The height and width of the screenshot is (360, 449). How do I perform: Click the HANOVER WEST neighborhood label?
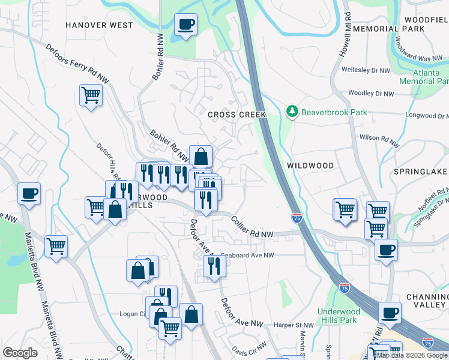pos(99,25)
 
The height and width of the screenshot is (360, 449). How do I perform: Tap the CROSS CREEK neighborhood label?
pos(232,115)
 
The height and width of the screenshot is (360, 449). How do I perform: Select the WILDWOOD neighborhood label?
pos(310,165)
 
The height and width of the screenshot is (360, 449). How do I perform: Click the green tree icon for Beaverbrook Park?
pos(292,112)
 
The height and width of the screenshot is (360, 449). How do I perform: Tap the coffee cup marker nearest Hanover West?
pos(185,25)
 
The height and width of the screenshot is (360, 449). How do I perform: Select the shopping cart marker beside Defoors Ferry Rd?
pos(91,94)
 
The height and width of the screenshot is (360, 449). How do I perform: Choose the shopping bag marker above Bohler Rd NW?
pos(200,157)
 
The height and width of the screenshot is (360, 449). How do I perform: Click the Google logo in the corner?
pos(20,353)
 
